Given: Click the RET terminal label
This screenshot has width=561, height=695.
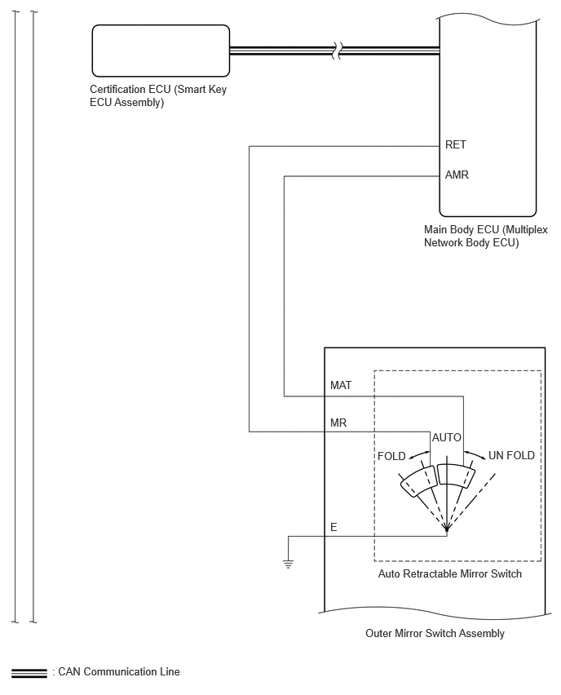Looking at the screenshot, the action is coord(455,145).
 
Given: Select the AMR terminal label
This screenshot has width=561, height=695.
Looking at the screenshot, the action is coord(457,175).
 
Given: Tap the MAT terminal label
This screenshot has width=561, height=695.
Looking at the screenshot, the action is coord(341,386).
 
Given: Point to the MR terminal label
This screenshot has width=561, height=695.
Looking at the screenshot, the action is coord(338,423).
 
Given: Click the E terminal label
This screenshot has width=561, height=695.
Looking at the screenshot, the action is coord(334,527).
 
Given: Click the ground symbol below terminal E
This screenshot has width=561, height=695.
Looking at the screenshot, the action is coord(288,564).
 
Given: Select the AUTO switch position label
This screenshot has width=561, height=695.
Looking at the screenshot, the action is coord(447,437).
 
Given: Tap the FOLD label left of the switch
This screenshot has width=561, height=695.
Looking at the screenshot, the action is coord(391,456).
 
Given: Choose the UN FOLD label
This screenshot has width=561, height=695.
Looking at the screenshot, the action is coord(511,455).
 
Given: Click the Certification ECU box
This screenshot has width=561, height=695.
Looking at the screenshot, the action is coord(161,51).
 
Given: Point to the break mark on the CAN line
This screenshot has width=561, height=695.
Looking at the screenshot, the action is coord(338,51).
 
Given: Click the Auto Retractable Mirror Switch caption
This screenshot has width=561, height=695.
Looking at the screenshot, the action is coord(450,574).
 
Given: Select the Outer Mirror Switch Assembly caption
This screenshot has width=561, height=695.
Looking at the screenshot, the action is coord(435,633).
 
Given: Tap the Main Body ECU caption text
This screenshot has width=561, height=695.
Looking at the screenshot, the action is coord(486,237).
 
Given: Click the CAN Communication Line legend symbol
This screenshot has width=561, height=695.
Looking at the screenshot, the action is coord(29,673).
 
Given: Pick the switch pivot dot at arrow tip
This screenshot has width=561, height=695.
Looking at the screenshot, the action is coord(447,529).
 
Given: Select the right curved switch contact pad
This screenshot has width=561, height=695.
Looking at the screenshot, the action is coord(456,476).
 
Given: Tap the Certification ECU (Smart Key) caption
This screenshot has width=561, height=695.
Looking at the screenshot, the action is coord(158,95).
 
